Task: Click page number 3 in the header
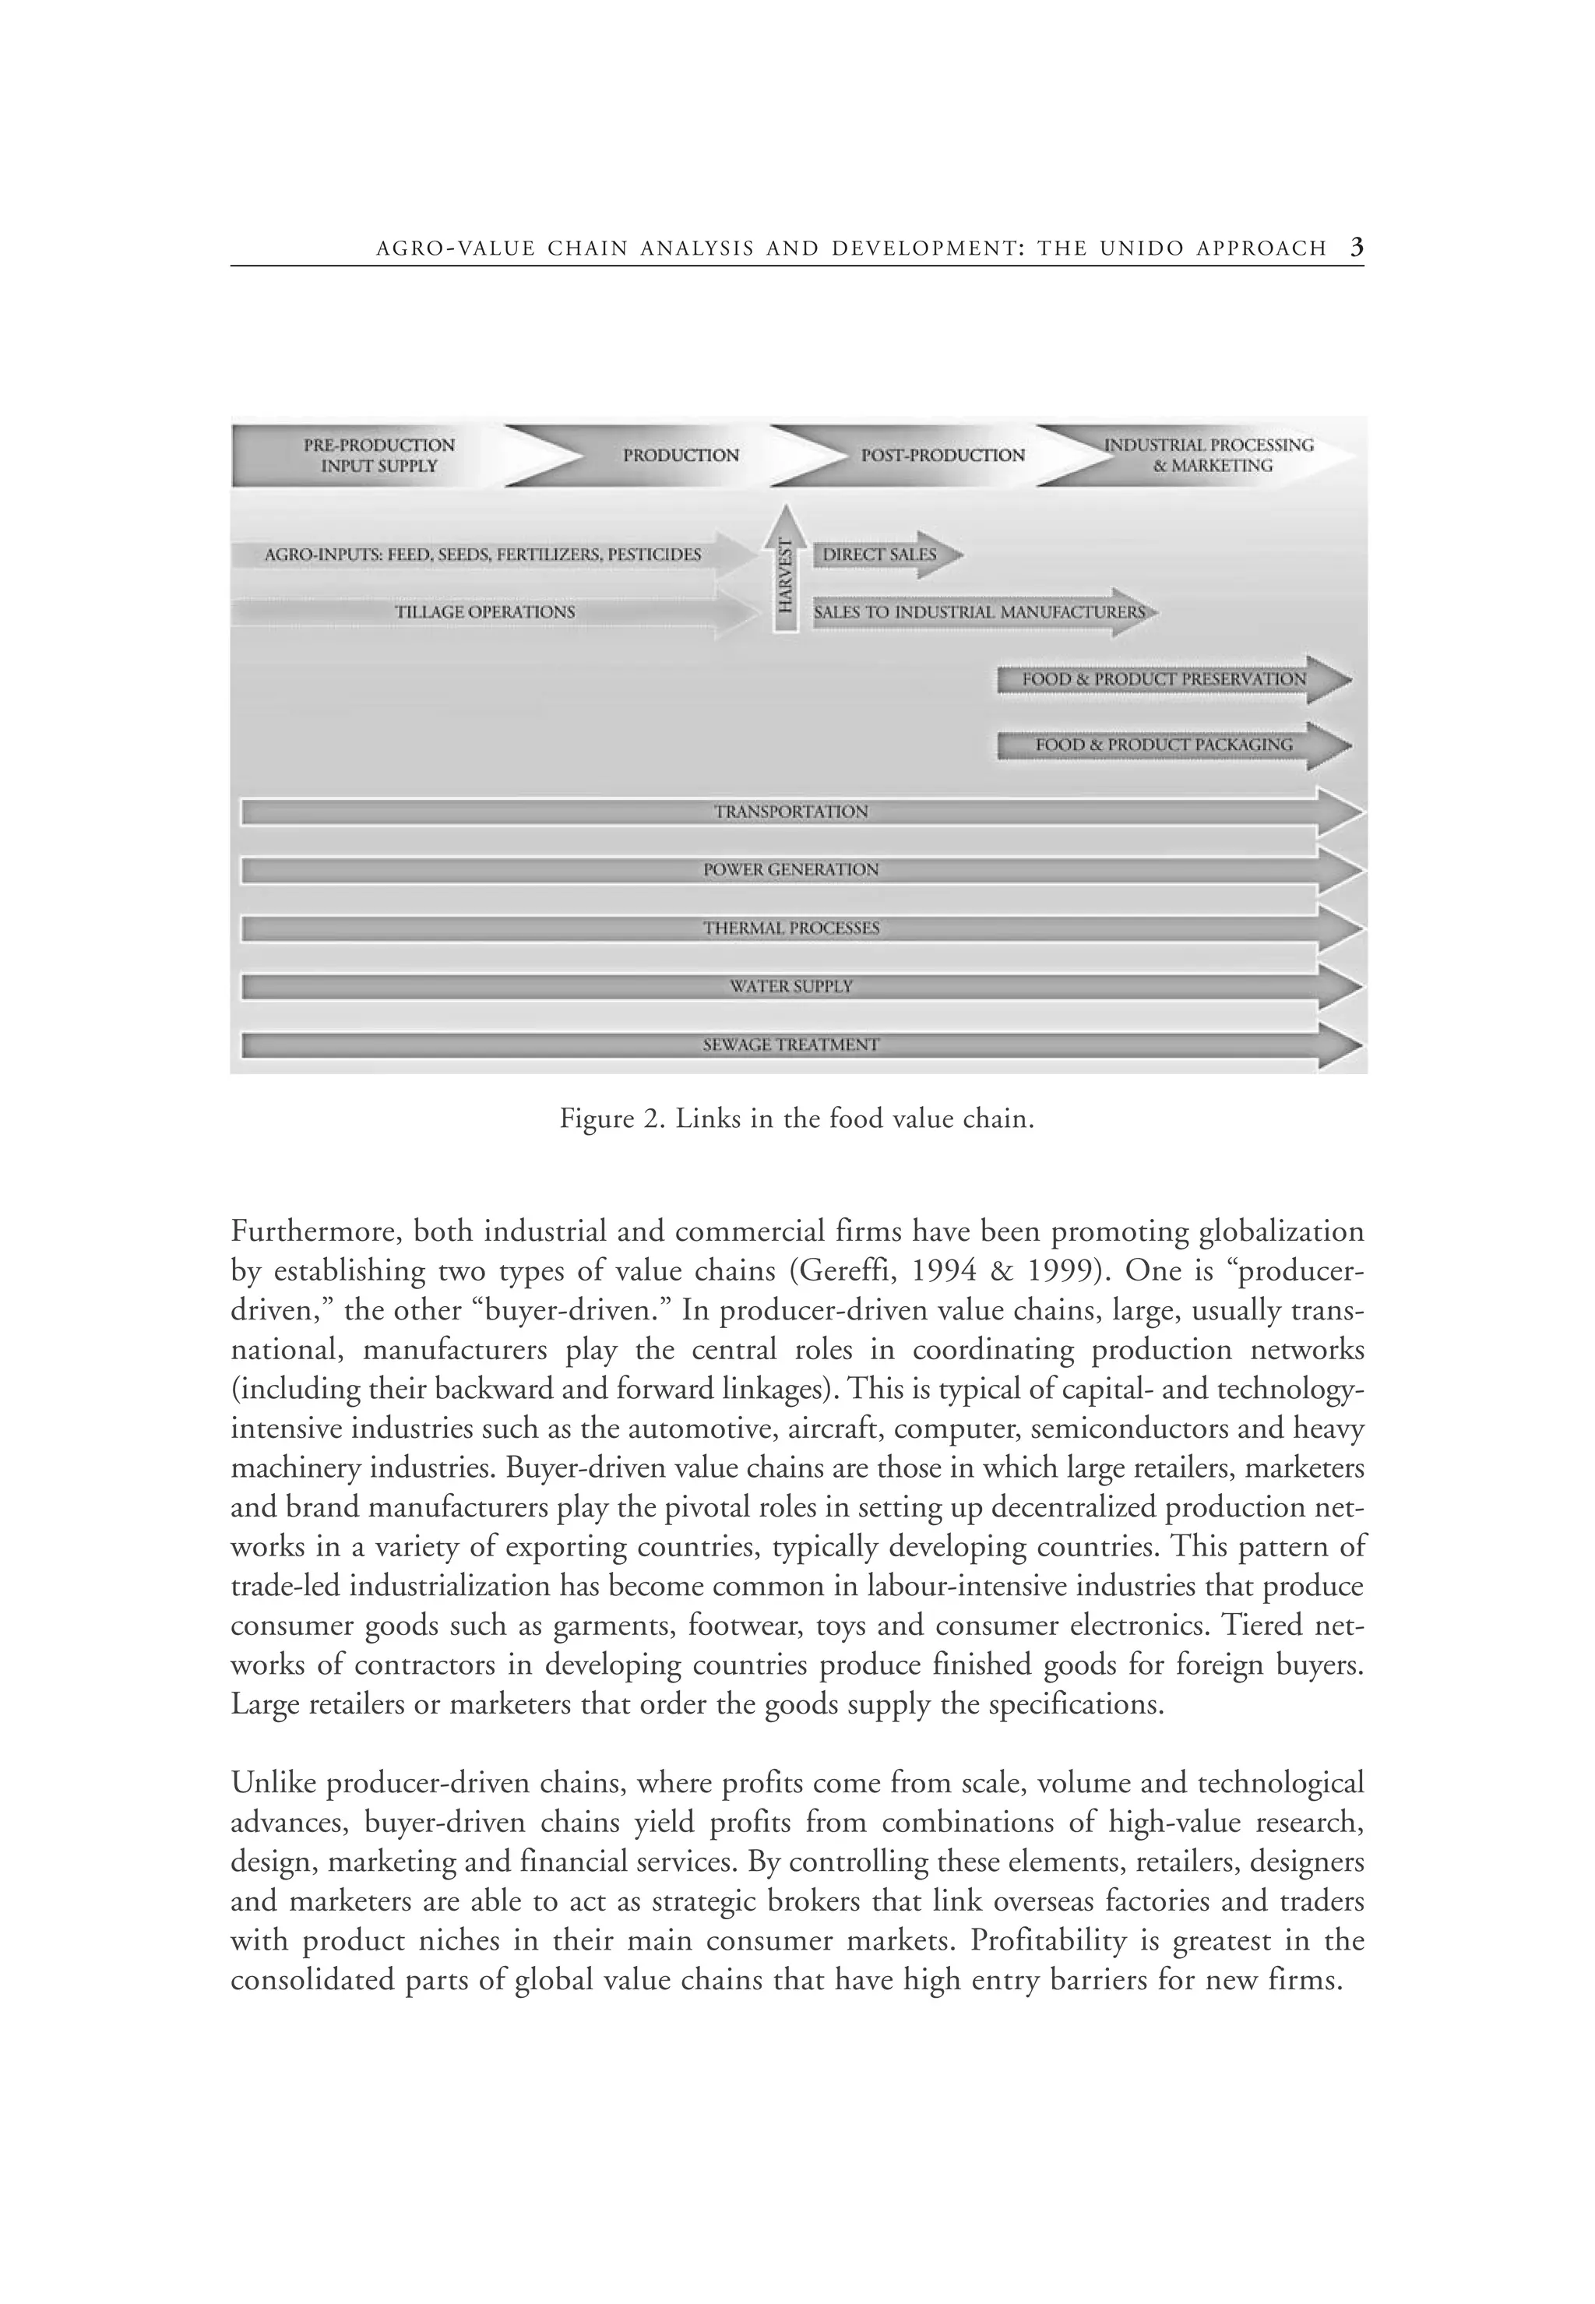pyautogui.click(x=1356, y=248)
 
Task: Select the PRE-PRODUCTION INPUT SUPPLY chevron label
pyautogui.click(x=379, y=456)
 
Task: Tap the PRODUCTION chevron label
pyautogui.click(x=681, y=456)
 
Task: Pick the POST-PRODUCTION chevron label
pyautogui.click(x=942, y=456)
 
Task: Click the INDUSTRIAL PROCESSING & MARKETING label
pyautogui.click(x=1209, y=456)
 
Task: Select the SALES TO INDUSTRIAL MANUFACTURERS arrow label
pyautogui.click(x=980, y=611)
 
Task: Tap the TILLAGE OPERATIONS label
pyautogui.click(x=484, y=611)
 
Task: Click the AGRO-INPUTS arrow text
pyautogui.click(x=483, y=555)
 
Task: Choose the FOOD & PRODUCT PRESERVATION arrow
pyautogui.click(x=1164, y=680)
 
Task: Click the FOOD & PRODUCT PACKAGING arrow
pyautogui.click(x=1164, y=745)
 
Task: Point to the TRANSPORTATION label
pyautogui.click(x=790, y=812)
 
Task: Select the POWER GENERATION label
pyautogui.click(x=790, y=869)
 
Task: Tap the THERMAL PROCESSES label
pyautogui.click(x=790, y=928)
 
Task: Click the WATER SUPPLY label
pyautogui.click(x=790, y=987)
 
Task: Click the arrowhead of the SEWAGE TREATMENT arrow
pyautogui.click(x=1340, y=1045)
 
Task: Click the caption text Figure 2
pyautogui.click(x=611, y=1119)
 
